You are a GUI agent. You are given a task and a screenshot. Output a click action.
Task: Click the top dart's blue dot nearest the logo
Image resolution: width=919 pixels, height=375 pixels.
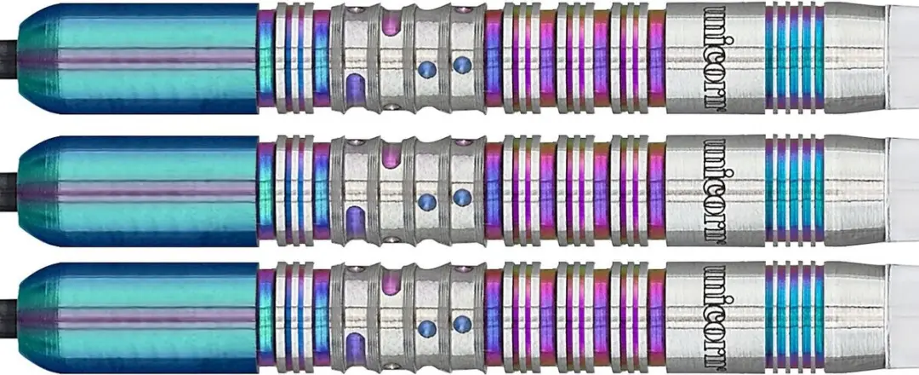tap(462, 64)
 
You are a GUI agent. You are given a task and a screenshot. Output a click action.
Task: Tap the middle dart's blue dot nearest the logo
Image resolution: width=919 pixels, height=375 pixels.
tap(462, 197)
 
